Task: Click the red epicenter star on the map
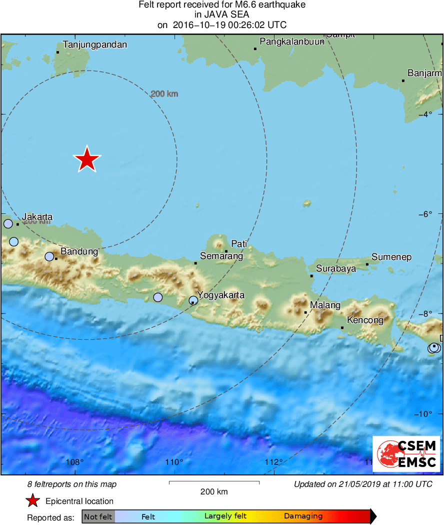pyautogui.click(x=87, y=159)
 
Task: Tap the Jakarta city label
pyautogui.click(x=37, y=217)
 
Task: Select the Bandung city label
pyautogui.click(x=79, y=251)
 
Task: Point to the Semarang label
pyautogui.click(x=221, y=256)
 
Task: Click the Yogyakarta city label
pyautogui.click(x=220, y=295)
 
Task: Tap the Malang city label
pyautogui.click(x=325, y=305)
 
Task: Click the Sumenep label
pyautogui.click(x=391, y=257)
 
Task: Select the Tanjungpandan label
pyautogui.click(x=95, y=45)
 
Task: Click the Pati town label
pyautogui.click(x=239, y=244)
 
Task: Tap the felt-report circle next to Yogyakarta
pyautogui.click(x=193, y=301)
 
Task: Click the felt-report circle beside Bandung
pyautogui.click(x=49, y=256)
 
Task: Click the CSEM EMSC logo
pyautogui.click(x=406, y=454)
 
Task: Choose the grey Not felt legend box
pyautogui.click(x=98, y=516)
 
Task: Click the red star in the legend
pyautogui.click(x=33, y=501)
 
